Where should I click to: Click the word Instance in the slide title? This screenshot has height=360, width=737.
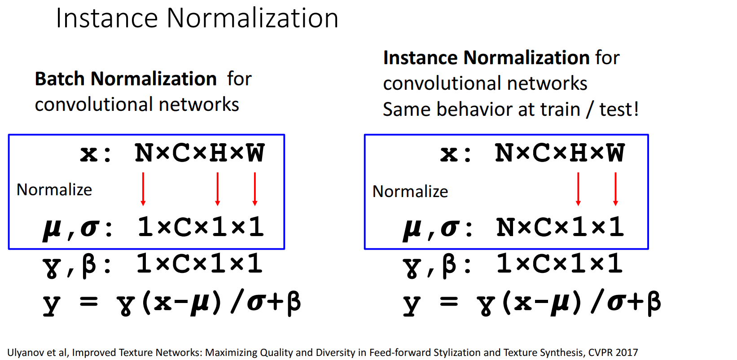[x=106, y=19]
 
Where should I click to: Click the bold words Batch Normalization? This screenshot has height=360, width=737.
[x=126, y=79]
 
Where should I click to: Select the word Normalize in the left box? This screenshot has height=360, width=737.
[x=54, y=190]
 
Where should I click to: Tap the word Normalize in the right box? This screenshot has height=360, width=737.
[x=410, y=192]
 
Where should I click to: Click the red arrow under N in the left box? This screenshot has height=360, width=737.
[x=143, y=189]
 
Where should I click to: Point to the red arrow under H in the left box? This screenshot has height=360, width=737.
[x=218, y=189]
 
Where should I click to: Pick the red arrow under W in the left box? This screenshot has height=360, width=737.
[x=255, y=189]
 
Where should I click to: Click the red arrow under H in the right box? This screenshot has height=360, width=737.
[x=578, y=189]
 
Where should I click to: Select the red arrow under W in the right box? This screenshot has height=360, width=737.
[x=615, y=189]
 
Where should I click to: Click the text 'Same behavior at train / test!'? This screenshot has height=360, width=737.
[x=510, y=110]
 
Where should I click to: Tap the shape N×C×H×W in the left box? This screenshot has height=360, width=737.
[x=200, y=153]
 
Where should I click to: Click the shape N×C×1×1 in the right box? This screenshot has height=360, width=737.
[x=560, y=227]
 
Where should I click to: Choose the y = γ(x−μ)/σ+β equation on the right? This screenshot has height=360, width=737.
[x=532, y=303]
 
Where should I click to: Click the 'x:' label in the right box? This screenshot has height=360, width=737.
[x=455, y=154]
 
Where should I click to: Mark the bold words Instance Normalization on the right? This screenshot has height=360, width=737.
[x=486, y=58]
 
